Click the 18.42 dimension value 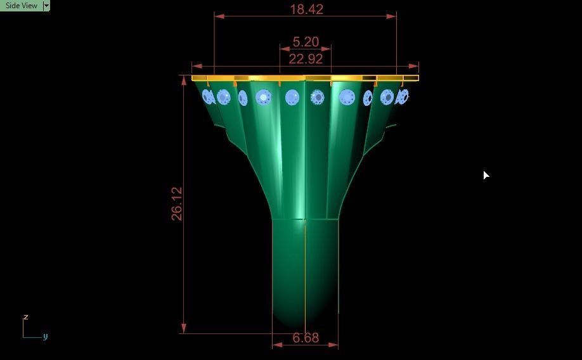pos(306,10)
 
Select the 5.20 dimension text pos(306,42)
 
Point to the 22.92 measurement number pos(306,59)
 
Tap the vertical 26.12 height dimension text pos(177,203)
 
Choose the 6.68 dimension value pos(306,338)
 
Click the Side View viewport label pos(21,6)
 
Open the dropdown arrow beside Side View pos(46,6)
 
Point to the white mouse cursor pos(486,175)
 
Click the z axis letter pos(26,317)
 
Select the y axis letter pos(46,337)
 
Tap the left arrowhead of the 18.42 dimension pos(218,16)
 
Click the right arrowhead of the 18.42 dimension pos(392,16)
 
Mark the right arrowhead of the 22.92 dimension pos(414,66)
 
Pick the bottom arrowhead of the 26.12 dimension pos(184,328)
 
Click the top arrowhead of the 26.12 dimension pos(184,80)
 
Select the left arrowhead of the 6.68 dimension pos(276,345)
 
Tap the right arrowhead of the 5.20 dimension pos(327,48)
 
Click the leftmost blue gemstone pos(207,97)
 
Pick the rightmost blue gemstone pos(403,97)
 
